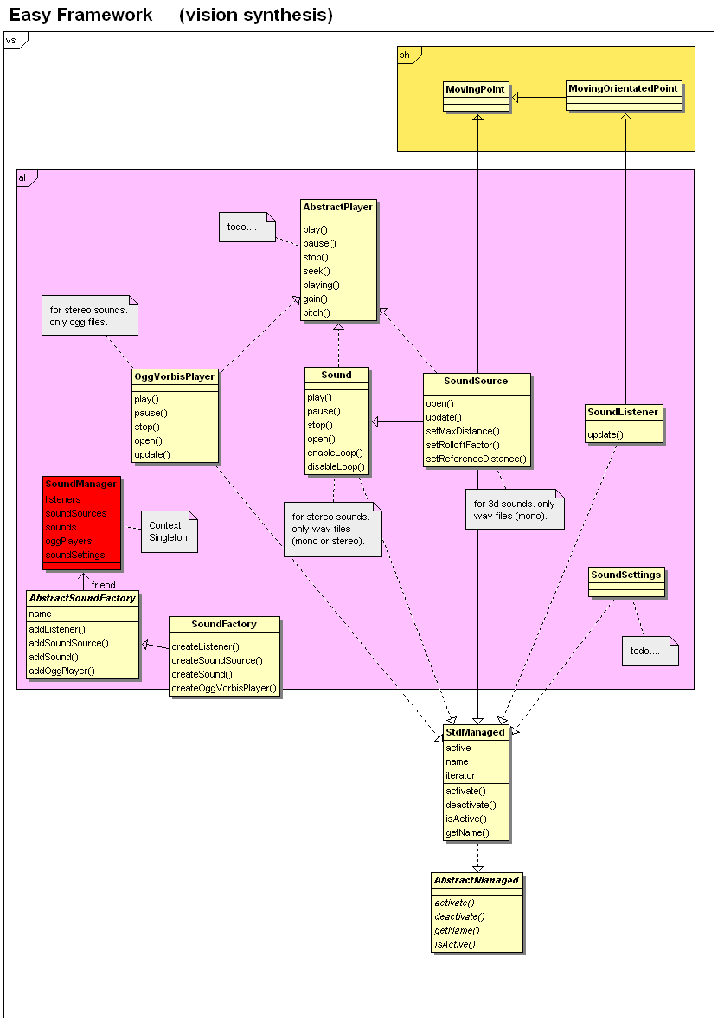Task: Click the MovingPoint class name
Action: click(x=474, y=89)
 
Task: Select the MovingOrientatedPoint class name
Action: click(x=623, y=88)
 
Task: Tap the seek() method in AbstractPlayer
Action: click(x=317, y=271)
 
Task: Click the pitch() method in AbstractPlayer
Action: click(x=317, y=312)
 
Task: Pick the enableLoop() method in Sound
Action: click(x=335, y=453)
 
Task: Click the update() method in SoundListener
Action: click(x=605, y=434)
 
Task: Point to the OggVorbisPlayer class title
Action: click(x=174, y=376)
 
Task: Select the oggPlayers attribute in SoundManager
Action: click(x=68, y=541)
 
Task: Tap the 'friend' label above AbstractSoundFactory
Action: click(x=103, y=585)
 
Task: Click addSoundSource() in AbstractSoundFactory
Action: click(x=68, y=643)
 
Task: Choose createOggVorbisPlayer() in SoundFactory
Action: click(x=224, y=688)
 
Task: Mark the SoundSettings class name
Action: click(x=625, y=575)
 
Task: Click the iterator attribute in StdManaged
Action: click(x=460, y=775)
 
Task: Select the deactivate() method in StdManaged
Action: click(x=471, y=805)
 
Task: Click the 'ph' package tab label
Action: click(x=404, y=55)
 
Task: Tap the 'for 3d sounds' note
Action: click(x=514, y=510)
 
